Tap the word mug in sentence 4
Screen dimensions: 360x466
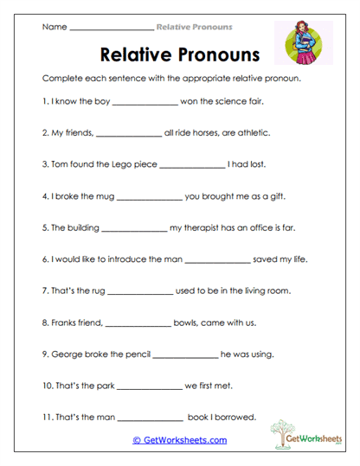coord(101,195)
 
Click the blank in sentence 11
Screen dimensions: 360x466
coord(151,418)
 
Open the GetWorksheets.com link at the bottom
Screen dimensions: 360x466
coord(179,440)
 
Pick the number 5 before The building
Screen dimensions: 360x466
coord(44,228)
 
